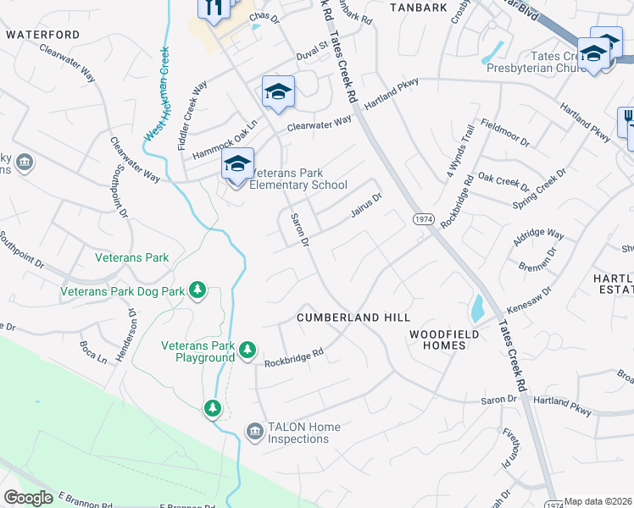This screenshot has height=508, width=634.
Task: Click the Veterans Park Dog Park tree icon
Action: [x=197, y=291]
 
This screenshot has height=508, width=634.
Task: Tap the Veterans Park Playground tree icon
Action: [x=247, y=350]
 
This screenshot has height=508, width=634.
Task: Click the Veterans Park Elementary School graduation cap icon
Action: [x=237, y=164]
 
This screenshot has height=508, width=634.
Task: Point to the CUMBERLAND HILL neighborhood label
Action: [x=353, y=317]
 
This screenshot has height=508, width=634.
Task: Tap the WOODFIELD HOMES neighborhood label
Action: [x=444, y=340]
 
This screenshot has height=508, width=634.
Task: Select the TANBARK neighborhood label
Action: [x=418, y=8]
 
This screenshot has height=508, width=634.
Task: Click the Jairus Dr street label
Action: [x=367, y=205]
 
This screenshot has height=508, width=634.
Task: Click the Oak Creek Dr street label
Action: [x=503, y=181]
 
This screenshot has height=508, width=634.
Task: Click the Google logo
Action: [x=28, y=498]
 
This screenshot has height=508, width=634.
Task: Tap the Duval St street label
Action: [x=311, y=51]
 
